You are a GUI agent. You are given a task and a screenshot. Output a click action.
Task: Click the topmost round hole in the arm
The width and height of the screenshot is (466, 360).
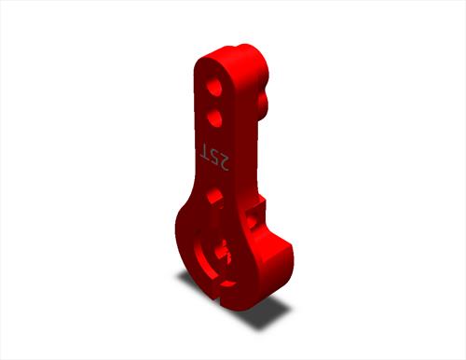point(214,87)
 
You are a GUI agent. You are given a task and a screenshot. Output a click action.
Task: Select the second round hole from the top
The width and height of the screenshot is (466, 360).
point(214,118)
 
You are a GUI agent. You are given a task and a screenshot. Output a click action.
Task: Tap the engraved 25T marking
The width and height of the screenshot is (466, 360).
point(214,157)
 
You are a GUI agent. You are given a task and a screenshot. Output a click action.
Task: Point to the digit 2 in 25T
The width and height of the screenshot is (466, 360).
point(224,163)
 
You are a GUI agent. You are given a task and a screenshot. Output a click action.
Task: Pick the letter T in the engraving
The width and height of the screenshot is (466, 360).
point(206,151)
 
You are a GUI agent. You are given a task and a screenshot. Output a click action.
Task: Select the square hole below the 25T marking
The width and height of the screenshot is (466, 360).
point(214,197)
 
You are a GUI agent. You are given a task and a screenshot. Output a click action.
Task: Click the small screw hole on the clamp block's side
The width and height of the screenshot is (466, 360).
point(254,220)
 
